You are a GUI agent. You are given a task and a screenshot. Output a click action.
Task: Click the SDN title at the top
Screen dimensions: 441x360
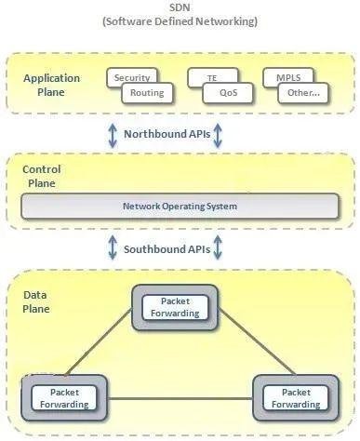click(x=180, y=7)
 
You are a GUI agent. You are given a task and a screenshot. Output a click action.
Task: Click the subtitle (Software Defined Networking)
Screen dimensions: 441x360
click(x=180, y=21)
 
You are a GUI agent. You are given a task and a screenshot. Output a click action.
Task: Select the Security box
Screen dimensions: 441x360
click(x=131, y=78)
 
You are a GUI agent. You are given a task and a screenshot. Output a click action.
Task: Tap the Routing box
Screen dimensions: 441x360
click(x=147, y=93)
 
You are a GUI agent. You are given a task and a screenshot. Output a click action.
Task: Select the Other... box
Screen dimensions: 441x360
click(x=303, y=93)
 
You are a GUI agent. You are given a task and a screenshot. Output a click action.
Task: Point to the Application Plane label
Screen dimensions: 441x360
click(x=51, y=85)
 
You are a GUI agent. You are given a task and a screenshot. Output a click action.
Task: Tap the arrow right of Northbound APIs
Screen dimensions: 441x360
click(x=219, y=134)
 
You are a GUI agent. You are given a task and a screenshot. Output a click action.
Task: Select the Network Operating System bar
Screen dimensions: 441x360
click(x=180, y=206)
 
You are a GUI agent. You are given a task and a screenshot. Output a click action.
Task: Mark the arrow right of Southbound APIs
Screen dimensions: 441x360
click(x=219, y=248)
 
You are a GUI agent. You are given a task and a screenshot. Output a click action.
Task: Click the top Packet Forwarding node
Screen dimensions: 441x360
click(x=175, y=307)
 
